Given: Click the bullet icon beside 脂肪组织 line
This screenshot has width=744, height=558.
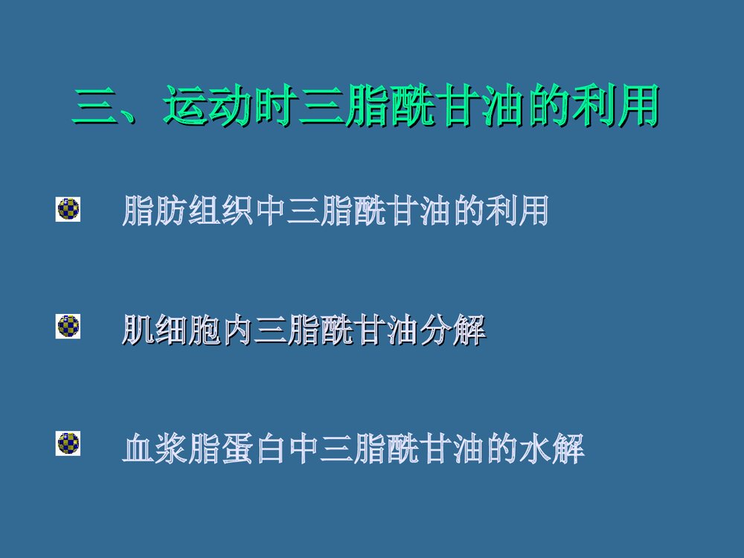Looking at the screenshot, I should point(68,210).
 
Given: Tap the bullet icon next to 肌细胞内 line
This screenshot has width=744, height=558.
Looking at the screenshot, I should point(68,327).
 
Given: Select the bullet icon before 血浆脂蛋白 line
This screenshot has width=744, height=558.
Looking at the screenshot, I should point(68,443).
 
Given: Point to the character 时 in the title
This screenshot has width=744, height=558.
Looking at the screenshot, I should point(278,108).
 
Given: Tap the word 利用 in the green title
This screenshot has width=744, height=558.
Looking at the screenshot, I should point(616,108).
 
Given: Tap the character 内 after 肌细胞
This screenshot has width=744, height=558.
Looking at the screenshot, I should point(237,330).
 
